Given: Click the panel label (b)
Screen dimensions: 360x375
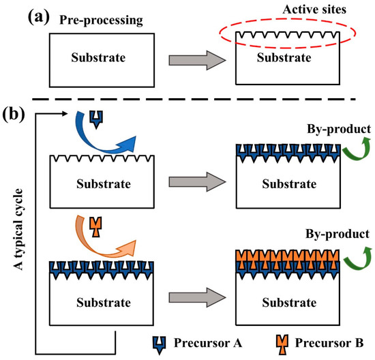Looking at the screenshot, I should pos(14,112).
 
